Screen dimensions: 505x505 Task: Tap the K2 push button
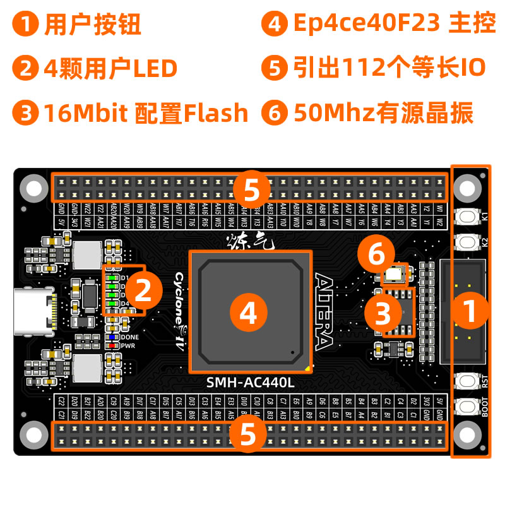[468, 241]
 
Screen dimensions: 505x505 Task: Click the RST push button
[468, 381]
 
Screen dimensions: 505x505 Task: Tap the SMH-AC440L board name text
[251, 383]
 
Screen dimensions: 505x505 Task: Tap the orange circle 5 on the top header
[251, 188]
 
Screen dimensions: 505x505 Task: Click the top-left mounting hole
[33, 187]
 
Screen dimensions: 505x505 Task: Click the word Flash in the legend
[217, 113]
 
